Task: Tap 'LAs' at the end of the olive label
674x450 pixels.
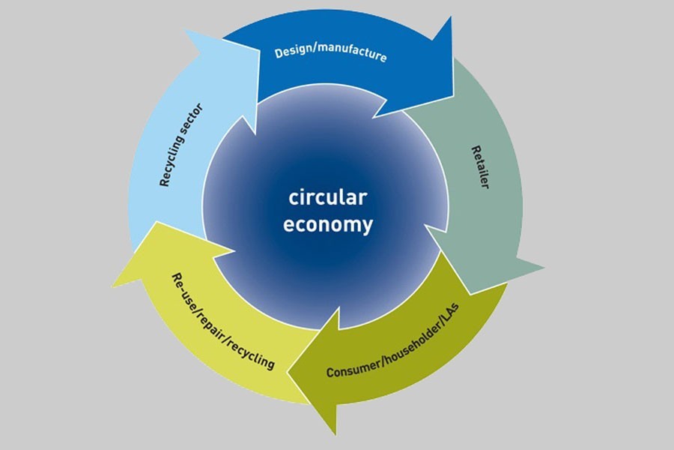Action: (x=456, y=315)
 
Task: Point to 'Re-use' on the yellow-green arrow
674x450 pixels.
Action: (x=178, y=292)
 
